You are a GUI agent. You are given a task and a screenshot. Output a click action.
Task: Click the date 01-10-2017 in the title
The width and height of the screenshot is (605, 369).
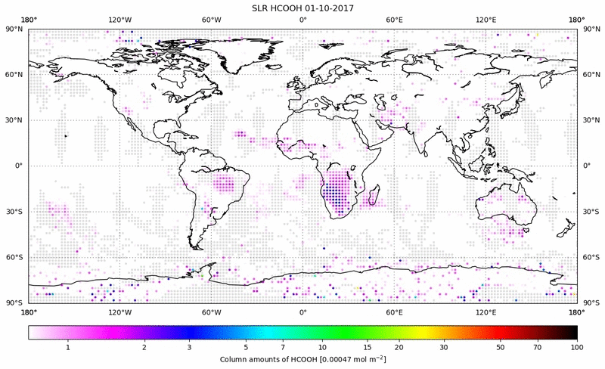tap(330, 8)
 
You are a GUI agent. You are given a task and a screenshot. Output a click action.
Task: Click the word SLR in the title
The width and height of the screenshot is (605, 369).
tap(262, 8)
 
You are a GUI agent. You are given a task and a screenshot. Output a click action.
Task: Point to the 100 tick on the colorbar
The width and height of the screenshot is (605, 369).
tap(577, 347)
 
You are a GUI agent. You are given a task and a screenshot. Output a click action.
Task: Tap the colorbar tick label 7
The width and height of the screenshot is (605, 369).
tap(281, 347)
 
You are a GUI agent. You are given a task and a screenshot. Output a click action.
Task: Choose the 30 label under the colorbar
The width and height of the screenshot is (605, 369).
tap(444, 347)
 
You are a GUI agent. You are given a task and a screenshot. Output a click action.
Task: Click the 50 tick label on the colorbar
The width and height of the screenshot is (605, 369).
tap(501, 347)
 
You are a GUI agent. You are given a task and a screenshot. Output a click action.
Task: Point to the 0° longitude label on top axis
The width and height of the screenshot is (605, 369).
tap(302, 20)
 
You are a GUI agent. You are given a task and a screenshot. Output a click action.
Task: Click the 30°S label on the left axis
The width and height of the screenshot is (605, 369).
tap(15, 212)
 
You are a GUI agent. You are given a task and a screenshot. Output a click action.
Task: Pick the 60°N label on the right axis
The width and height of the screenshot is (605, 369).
tap(591, 75)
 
